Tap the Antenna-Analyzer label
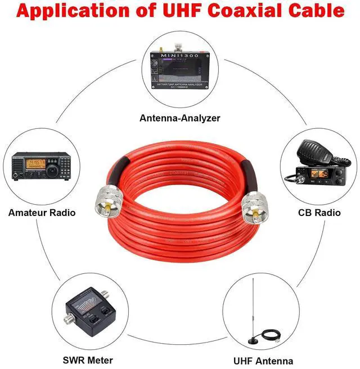pyautogui.click(x=180, y=118)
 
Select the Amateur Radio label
pyautogui.click(x=42, y=213)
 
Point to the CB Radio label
pyautogui.click(x=319, y=213)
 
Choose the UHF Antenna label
pyautogui.click(x=263, y=361)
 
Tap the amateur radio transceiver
pyautogui.click(x=42, y=166)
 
